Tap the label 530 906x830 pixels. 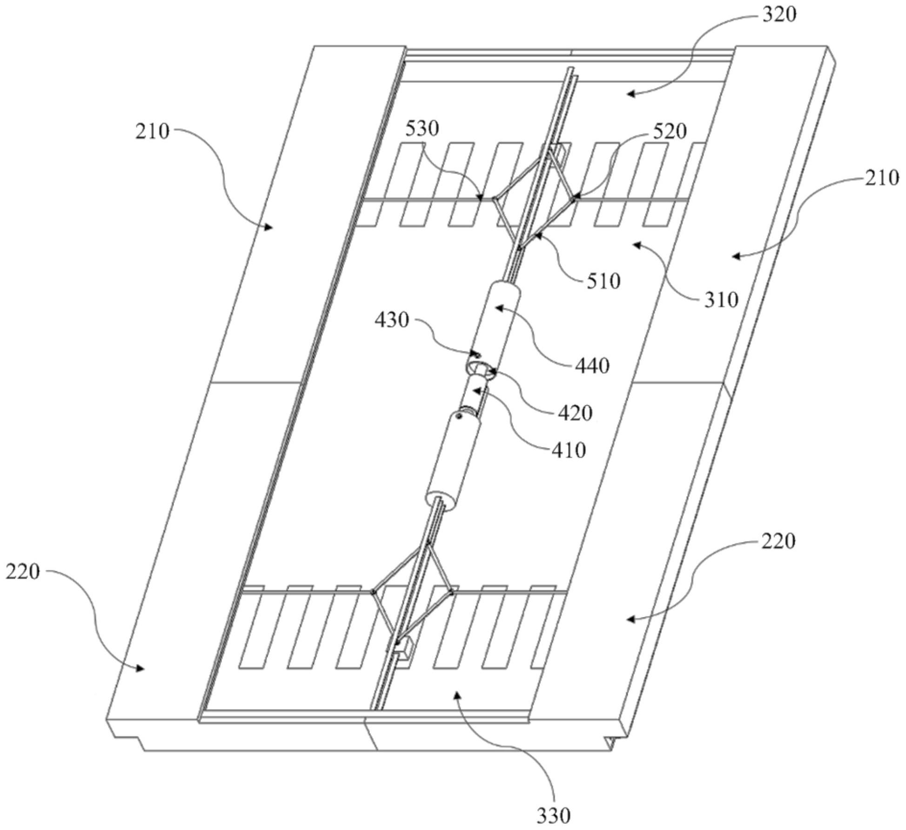coord(422,129)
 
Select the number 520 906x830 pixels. coord(670,132)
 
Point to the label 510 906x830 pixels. coord(604,281)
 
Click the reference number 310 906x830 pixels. coord(721,300)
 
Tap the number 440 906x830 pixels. coord(592,367)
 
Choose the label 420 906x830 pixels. coord(575,413)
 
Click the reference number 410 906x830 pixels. coord(568,450)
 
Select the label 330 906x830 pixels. coord(553,816)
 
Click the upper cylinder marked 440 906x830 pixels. coord(496,323)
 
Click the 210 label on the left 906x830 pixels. coord(153,132)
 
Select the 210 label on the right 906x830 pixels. coord(882,178)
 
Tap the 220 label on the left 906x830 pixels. coord(23,571)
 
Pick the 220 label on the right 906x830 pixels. coord(778,541)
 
